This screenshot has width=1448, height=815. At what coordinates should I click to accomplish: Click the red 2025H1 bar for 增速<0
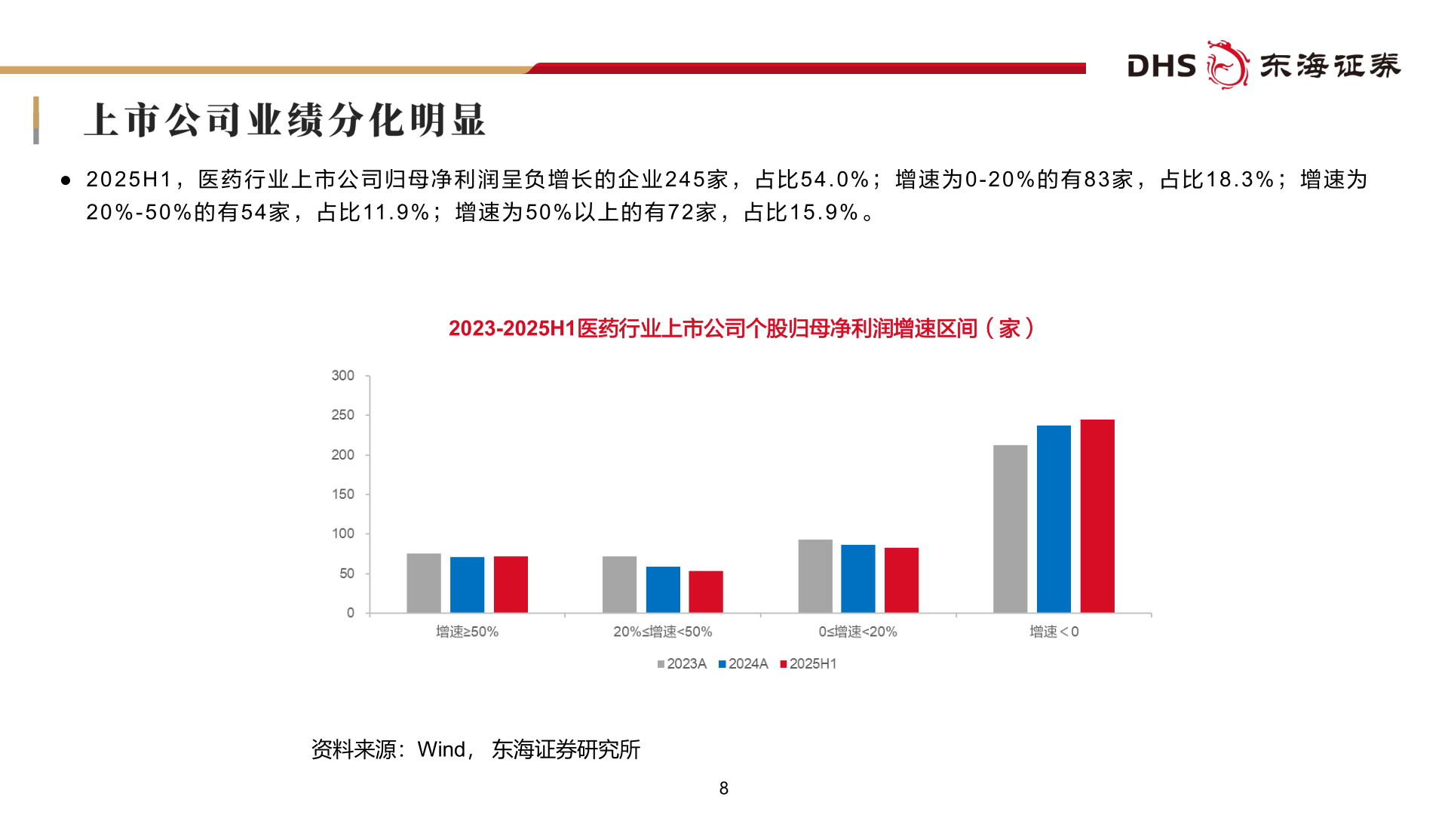tap(1097, 516)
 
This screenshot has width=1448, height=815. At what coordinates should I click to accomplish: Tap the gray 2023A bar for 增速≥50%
tap(424, 583)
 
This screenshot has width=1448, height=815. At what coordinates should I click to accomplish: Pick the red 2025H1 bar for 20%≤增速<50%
tap(706, 592)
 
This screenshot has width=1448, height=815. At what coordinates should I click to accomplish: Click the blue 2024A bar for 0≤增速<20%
tap(858, 579)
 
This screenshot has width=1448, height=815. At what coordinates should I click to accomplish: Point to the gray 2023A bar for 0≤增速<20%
tap(815, 576)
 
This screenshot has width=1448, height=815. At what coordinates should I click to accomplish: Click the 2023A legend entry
tap(682, 664)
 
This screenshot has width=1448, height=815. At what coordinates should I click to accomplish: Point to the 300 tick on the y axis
tap(342, 376)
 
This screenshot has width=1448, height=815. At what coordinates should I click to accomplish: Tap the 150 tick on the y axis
tap(342, 494)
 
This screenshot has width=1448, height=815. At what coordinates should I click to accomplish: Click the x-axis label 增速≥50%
tap(467, 632)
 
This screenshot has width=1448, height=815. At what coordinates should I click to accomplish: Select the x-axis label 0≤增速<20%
tap(857, 632)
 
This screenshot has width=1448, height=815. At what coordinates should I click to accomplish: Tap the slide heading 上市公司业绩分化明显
tap(285, 120)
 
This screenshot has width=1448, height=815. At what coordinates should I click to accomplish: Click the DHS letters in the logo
tap(1161, 66)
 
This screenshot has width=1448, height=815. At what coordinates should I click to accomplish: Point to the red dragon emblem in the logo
tap(1227, 65)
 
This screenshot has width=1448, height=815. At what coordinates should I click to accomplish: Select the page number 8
tap(723, 789)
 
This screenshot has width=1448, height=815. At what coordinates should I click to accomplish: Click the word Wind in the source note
tap(441, 749)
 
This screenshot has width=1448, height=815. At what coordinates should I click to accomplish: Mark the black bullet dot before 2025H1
tap(66, 180)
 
